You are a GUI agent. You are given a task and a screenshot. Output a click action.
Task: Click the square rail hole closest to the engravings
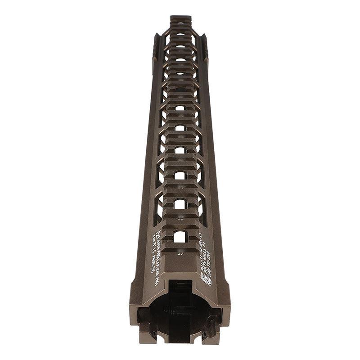(180, 236)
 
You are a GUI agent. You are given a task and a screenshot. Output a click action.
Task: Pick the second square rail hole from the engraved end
(180, 204)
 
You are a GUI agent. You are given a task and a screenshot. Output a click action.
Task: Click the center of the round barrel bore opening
(180, 315)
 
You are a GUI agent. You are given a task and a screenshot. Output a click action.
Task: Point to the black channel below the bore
(180, 341)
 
